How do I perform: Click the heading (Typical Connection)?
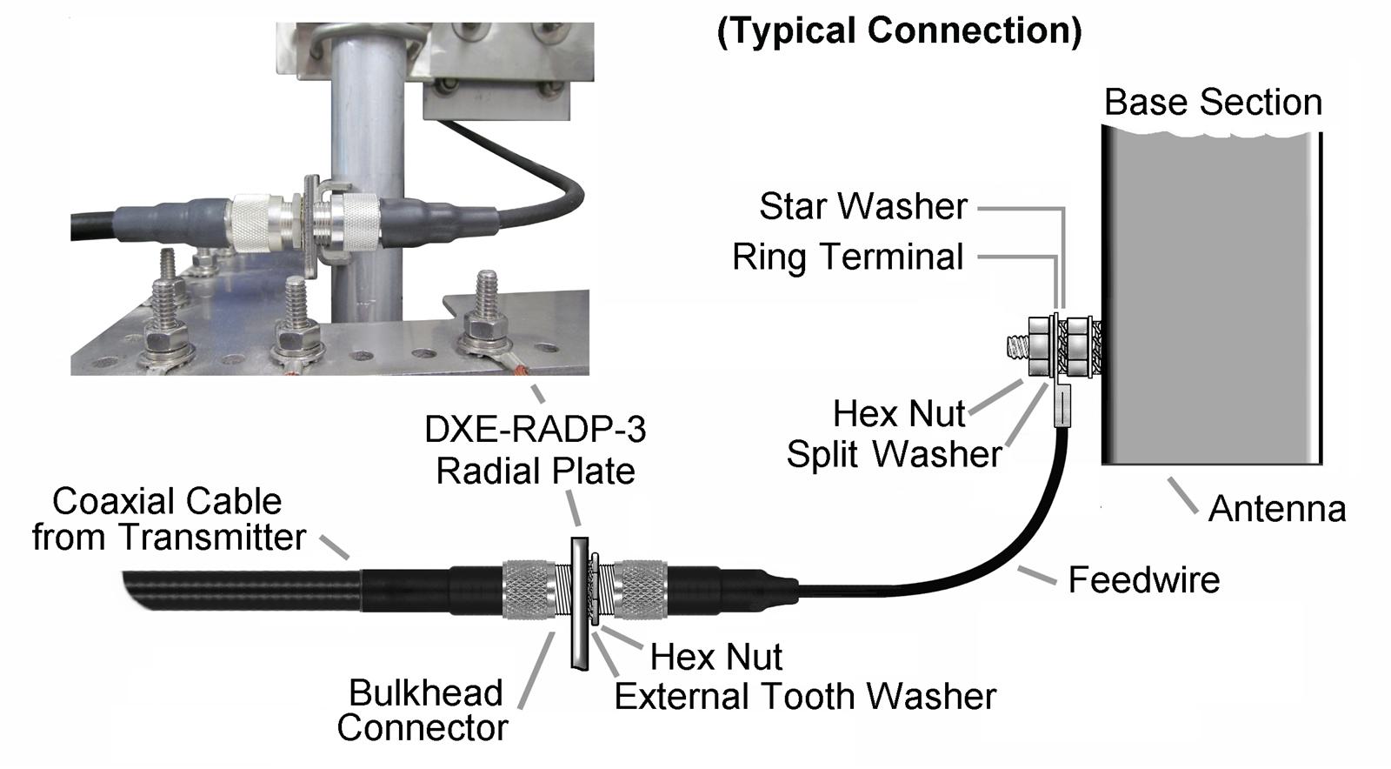pos(899,31)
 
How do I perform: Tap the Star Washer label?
pos(862,207)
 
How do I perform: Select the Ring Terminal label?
pos(848,257)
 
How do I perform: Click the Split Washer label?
pos(894,454)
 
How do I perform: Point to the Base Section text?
pos(1213,103)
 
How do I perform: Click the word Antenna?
pos(1276,509)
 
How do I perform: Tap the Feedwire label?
pos(1143,579)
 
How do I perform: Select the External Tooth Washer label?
pos(805,696)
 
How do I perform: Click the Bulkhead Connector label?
pos(423,710)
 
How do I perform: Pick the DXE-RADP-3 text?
pos(535,430)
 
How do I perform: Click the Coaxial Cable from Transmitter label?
pos(169,519)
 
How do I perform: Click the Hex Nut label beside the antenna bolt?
pos(899,413)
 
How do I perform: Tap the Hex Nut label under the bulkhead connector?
pos(716,656)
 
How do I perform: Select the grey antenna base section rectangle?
pos(1212,296)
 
